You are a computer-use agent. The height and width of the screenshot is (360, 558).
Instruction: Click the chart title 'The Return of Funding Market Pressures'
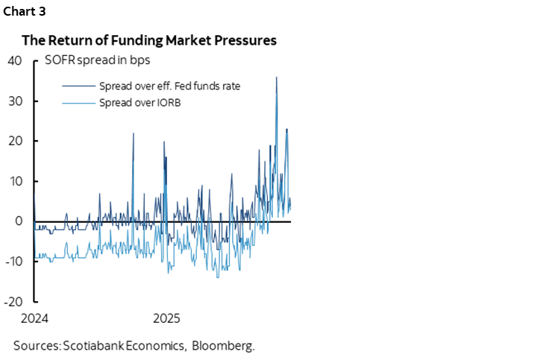149,41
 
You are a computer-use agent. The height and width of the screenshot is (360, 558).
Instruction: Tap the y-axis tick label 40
14,60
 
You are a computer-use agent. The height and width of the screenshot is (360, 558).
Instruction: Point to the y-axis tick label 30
14,101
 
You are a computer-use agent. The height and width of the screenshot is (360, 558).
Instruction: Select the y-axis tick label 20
14,141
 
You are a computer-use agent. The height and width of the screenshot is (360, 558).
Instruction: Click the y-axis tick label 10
14,181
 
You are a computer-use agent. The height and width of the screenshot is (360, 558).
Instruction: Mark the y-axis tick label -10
13,262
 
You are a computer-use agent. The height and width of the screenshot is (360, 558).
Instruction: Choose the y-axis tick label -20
13,302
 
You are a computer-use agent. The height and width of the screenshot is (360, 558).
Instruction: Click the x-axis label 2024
34,318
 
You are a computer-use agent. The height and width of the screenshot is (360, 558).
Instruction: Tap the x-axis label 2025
166,318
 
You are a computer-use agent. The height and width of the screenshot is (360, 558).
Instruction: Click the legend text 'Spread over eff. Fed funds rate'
169,86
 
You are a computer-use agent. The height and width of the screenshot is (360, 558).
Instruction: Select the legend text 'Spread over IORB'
139,102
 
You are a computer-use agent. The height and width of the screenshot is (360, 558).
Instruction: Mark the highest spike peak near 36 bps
277,78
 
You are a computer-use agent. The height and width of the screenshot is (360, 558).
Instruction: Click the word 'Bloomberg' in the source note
224,345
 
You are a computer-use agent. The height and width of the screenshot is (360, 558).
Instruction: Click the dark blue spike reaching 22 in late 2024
134,133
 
